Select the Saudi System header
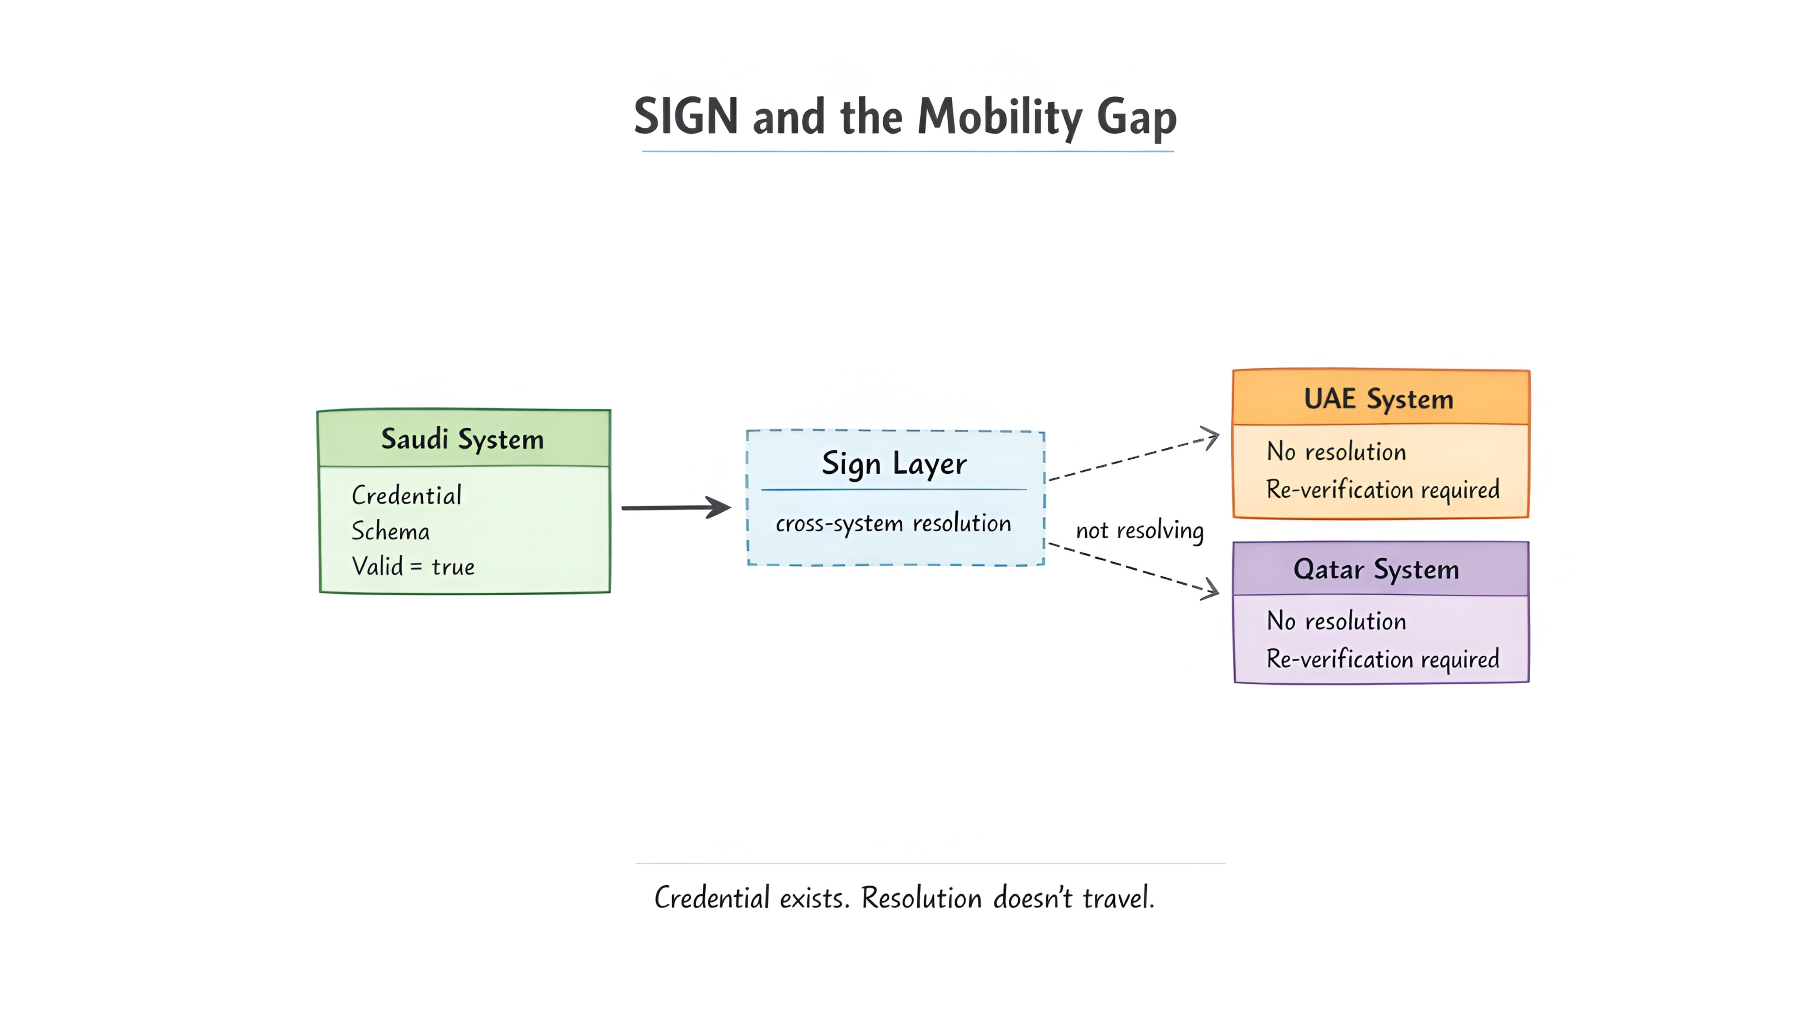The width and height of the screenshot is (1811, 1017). pyautogui.click(x=463, y=438)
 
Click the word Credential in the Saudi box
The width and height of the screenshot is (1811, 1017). pyautogui.click(x=406, y=495)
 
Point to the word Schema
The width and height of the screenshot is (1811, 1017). pyautogui.click(x=390, y=531)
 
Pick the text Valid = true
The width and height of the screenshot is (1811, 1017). pyautogui.click(x=413, y=567)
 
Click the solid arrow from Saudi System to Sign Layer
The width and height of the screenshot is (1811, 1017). pyautogui.click(x=675, y=507)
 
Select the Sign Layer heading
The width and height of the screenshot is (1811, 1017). pyautogui.click(x=894, y=464)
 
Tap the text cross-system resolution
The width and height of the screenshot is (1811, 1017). pyautogui.click(x=893, y=524)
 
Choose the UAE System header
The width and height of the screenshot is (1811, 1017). pyautogui.click(x=1378, y=399)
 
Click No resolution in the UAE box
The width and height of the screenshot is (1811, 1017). pyautogui.click(x=1336, y=452)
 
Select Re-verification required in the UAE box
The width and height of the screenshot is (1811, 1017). pyautogui.click(x=1382, y=490)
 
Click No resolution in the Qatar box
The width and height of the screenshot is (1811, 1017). pyautogui.click(x=1336, y=621)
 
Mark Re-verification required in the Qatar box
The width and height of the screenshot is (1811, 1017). pyautogui.click(x=1382, y=659)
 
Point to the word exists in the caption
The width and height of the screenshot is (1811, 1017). pyautogui.click(x=813, y=898)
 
